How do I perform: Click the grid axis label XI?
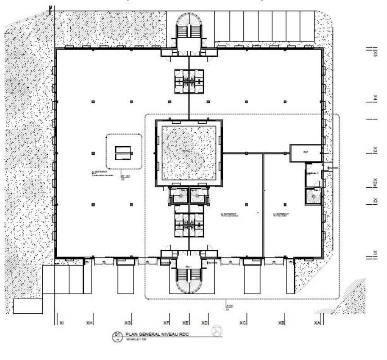[61, 323]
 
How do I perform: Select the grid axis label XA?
[318, 323]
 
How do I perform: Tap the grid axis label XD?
[205, 323]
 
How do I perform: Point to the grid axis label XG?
[128, 323]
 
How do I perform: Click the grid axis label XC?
[243, 323]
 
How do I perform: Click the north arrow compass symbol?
[216, 331]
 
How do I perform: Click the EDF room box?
[305, 152]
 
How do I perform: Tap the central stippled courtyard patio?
[189, 152]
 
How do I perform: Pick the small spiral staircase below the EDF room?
[313, 196]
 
